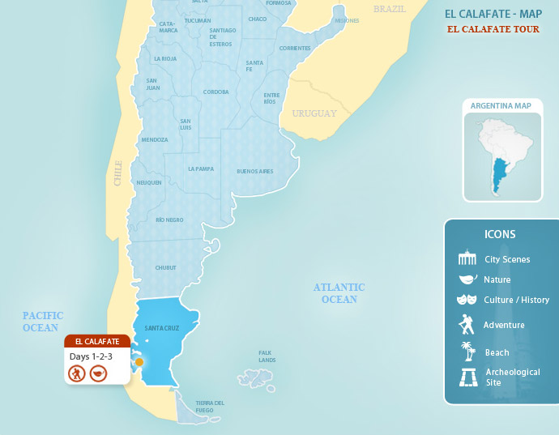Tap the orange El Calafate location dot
(x=139, y=362)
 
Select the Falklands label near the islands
(x=267, y=356)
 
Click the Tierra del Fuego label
(x=210, y=407)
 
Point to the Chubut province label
(x=165, y=268)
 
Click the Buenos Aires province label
(x=254, y=172)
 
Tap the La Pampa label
(x=200, y=169)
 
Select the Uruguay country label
(x=314, y=113)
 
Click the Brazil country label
(x=389, y=9)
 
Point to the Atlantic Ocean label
(x=339, y=293)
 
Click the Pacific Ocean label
(x=43, y=322)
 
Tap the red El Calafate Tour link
(x=493, y=29)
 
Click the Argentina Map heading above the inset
(x=501, y=106)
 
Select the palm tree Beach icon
(x=467, y=352)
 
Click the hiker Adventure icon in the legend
(x=467, y=325)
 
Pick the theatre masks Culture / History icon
(x=467, y=300)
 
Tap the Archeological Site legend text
(x=512, y=377)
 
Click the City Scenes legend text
(x=507, y=260)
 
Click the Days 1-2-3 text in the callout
(x=91, y=356)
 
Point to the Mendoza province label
(x=155, y=140)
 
